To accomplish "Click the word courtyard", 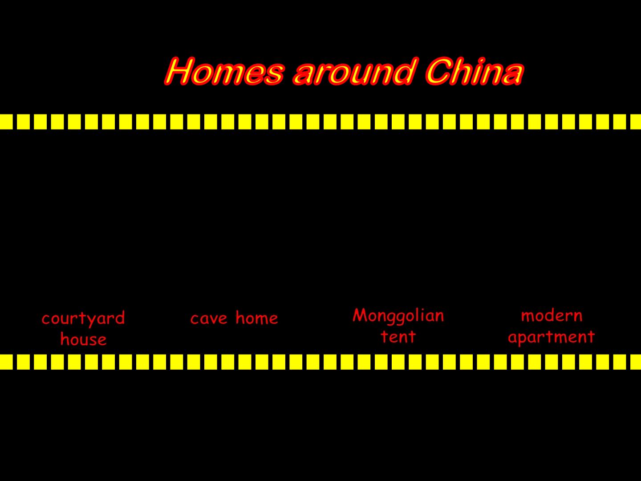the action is click(x=83, y=319).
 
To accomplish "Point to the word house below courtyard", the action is click(x=84, y=339).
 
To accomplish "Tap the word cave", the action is click(x=209, y=319).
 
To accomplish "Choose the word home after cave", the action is click(x=257, y=318).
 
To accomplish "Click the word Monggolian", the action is click(x=398, y=317).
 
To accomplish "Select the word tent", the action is click(x=398, y=337).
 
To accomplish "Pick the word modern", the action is click(x=552, y=315).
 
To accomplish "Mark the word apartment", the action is click(x=552, y=338).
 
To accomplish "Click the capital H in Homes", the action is click(x=179, y=71).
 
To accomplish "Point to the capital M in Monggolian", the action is click(x=360, y=315).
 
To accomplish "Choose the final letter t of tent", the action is click(x=412, y=337).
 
